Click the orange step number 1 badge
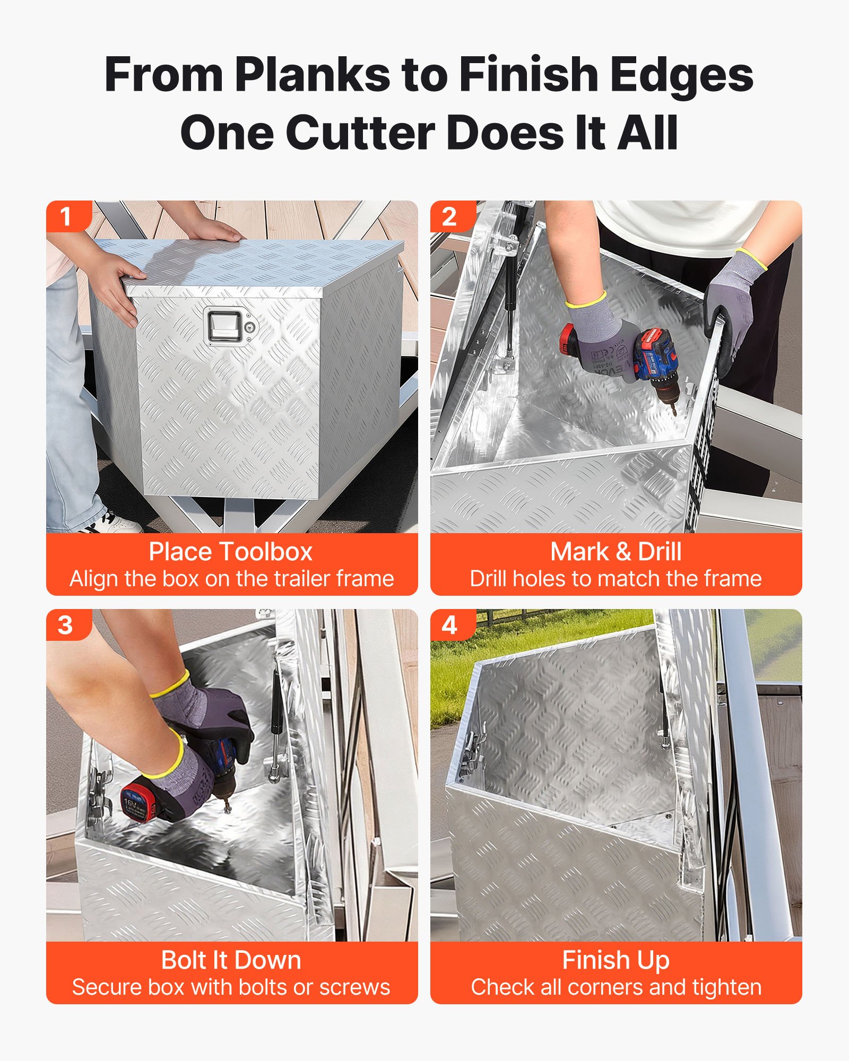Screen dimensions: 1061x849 (66, 216)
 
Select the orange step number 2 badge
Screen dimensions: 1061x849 (449, 216)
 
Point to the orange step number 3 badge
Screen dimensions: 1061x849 (66, 625)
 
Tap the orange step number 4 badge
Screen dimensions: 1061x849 (449, 625)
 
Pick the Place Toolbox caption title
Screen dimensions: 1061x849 (231, 552)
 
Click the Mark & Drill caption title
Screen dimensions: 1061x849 (616, 552)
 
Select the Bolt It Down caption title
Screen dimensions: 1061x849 (231, 960)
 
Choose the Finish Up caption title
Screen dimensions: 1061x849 (616, 960)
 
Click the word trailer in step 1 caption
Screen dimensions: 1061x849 (287, 579)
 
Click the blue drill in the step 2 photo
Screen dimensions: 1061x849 (658, 361)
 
